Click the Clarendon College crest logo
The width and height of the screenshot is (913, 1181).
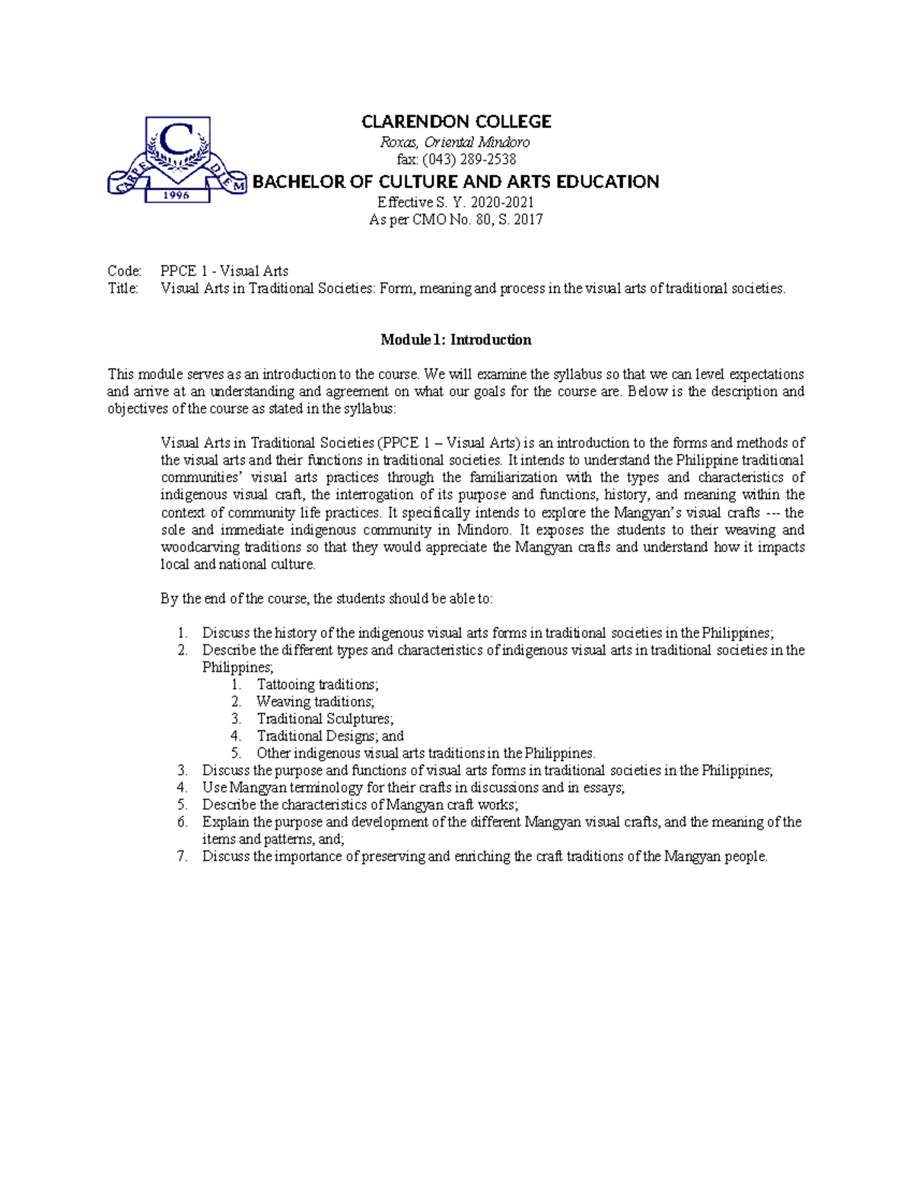click(177, 160)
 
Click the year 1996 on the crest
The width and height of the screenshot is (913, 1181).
click(177, 195)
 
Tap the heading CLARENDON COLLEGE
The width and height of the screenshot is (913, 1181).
click(456, 122)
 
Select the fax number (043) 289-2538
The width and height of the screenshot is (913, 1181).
click(456, 160)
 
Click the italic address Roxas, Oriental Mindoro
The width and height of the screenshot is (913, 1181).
click(456, 142)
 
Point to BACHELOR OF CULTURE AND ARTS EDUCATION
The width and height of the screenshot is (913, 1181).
click(456, 182)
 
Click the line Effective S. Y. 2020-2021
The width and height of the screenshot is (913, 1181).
click(456, 202)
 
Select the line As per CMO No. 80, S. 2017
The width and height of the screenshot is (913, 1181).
click(456, 220)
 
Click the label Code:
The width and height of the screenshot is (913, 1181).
click(124, 271)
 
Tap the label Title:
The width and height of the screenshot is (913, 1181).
click(123, 288)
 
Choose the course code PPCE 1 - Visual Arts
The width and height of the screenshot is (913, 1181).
click(224, 271)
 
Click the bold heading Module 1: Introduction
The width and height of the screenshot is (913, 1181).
click(456, 340)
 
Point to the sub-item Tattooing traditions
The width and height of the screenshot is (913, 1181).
click(317, 684)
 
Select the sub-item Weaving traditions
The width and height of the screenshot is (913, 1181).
click(315, 702)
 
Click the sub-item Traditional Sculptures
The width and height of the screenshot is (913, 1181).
click(325, 719)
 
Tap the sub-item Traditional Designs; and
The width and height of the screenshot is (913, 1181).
click(330, 736)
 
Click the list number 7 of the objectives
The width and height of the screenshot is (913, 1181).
click(182, 856)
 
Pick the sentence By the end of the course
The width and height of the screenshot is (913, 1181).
click(326, 598)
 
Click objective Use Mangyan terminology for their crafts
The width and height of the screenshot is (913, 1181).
click(413, 788)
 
